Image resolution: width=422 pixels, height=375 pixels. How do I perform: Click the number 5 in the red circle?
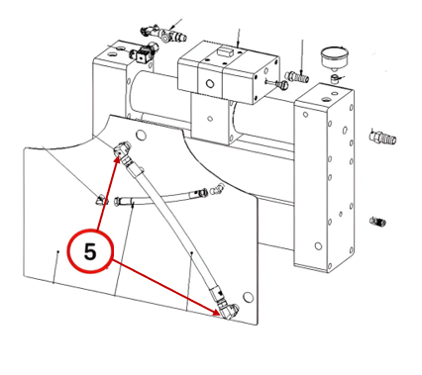[x=90, y=252]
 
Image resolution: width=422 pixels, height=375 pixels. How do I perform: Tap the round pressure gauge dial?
[x=335, y=56]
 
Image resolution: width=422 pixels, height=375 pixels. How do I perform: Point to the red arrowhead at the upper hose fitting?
[x=117, y=160]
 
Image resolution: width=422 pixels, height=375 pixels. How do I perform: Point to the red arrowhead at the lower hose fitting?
[x=216, y=313]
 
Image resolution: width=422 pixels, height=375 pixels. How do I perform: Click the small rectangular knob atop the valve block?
[x=226, y=51]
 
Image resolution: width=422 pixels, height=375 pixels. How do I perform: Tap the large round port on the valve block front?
[x=210, y=84]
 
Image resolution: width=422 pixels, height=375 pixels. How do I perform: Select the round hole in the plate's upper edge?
[x=141, y=135]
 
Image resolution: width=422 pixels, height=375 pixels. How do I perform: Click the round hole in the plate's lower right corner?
[x=248, y=297]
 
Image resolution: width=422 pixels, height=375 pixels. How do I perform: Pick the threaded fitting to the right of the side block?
[x=382, y=138]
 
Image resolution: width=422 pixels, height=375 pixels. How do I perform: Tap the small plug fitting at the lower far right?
[x=378, y=222]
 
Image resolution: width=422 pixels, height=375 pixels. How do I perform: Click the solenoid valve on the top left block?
[x=145, y=52]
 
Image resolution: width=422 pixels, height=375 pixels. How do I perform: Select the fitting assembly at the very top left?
[x=163, y=33]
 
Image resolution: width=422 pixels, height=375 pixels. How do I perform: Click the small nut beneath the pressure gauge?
[x=335, y=79]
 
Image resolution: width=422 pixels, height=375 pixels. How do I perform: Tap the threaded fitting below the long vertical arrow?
[x=297, y=77]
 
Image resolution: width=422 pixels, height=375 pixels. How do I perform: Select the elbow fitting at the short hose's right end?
[x=217, y=189]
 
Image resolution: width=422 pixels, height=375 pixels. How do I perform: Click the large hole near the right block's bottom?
[x=318, y=246]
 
